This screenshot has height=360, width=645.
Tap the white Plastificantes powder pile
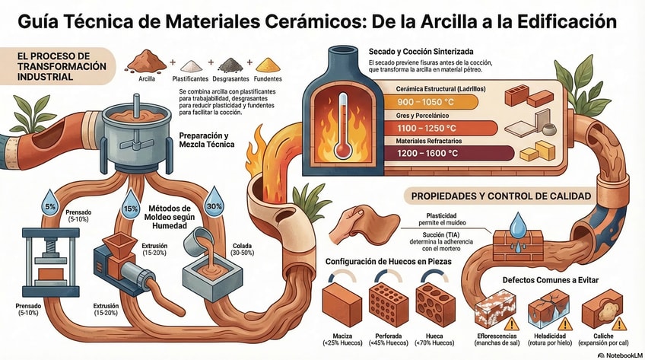coord(190,65)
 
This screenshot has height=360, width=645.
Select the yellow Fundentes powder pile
coord(268,64)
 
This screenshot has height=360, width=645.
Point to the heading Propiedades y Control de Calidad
coord(501,196)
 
